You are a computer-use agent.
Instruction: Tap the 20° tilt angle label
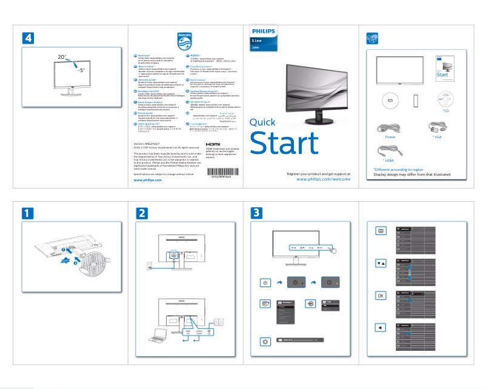coord(62,56)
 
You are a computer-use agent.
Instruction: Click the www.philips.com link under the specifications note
coord(147,163)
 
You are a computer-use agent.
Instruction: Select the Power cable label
coord(390,138)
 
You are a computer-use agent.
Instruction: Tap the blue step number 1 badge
coord(27,213)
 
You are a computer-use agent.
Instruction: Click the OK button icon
coord(381,296)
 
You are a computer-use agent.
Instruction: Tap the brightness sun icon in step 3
coord(265,341)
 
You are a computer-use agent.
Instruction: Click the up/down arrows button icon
coord(381,264)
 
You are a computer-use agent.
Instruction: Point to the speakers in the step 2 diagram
coord(216,324)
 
